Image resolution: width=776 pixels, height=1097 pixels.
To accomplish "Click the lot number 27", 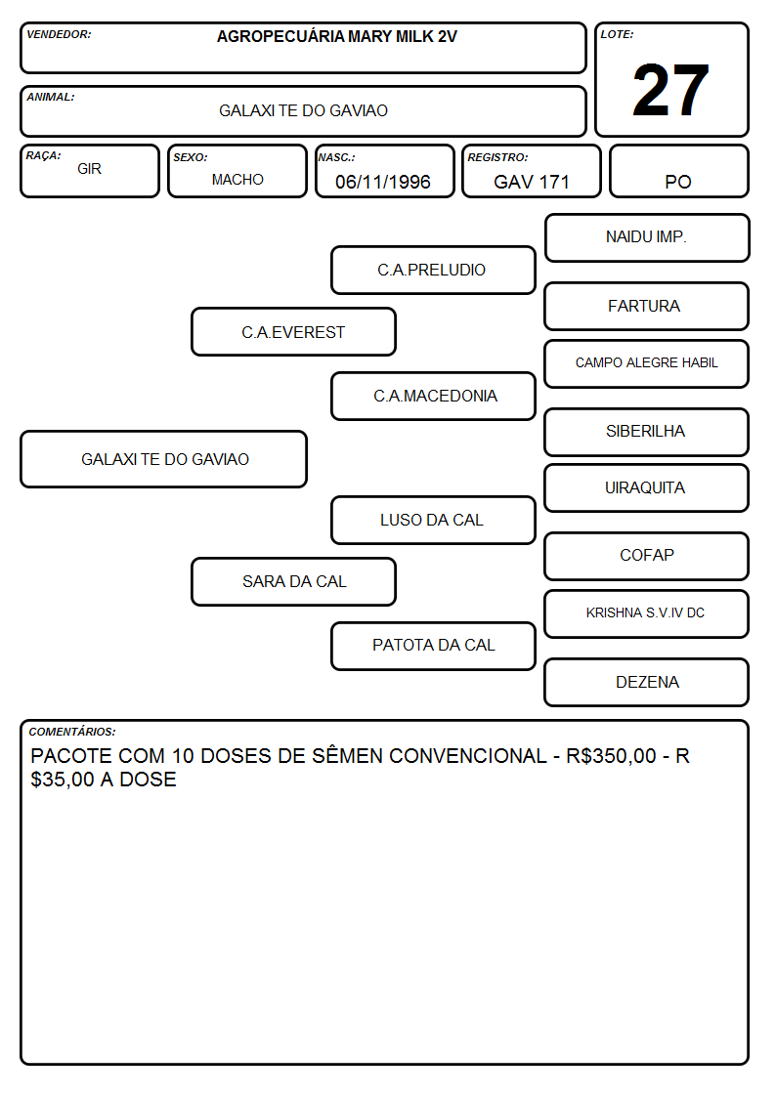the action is pos(670,90).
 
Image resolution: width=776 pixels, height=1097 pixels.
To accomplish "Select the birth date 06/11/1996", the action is pos(383,182).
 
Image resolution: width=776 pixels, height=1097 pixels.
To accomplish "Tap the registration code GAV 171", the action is pos(531,182).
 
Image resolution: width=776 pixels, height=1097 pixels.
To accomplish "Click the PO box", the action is pos(678,171).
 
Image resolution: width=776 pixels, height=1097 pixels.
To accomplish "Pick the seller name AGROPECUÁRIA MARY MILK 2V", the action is pos(336,36).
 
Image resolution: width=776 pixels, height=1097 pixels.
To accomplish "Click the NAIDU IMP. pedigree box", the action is pos(647,238).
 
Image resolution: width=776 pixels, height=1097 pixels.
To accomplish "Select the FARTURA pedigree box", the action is pos(646,307).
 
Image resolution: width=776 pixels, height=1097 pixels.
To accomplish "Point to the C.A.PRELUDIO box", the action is pos(433,270).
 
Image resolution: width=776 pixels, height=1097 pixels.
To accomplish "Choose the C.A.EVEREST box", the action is pos(293,332).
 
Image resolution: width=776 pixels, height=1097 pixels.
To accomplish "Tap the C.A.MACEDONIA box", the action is pos(433,396).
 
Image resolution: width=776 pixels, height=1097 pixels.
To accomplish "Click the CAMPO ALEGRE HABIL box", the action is pos(646,363).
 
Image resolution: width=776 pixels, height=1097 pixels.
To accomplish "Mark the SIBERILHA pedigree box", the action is pos(646,433).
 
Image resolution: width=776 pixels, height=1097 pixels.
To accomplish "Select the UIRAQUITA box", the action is pos(646,488).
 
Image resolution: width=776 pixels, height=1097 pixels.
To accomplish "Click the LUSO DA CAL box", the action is pos(433,521).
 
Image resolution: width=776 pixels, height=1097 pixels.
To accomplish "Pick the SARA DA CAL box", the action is pos(293,582).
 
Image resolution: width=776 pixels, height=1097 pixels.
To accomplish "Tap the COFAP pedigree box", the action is pos(646,556).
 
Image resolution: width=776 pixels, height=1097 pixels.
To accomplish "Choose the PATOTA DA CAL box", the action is pos(433,646).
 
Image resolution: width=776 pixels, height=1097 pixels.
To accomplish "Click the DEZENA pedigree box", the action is pos(646,682).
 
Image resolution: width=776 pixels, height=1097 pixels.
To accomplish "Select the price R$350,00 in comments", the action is pos(611,756).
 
